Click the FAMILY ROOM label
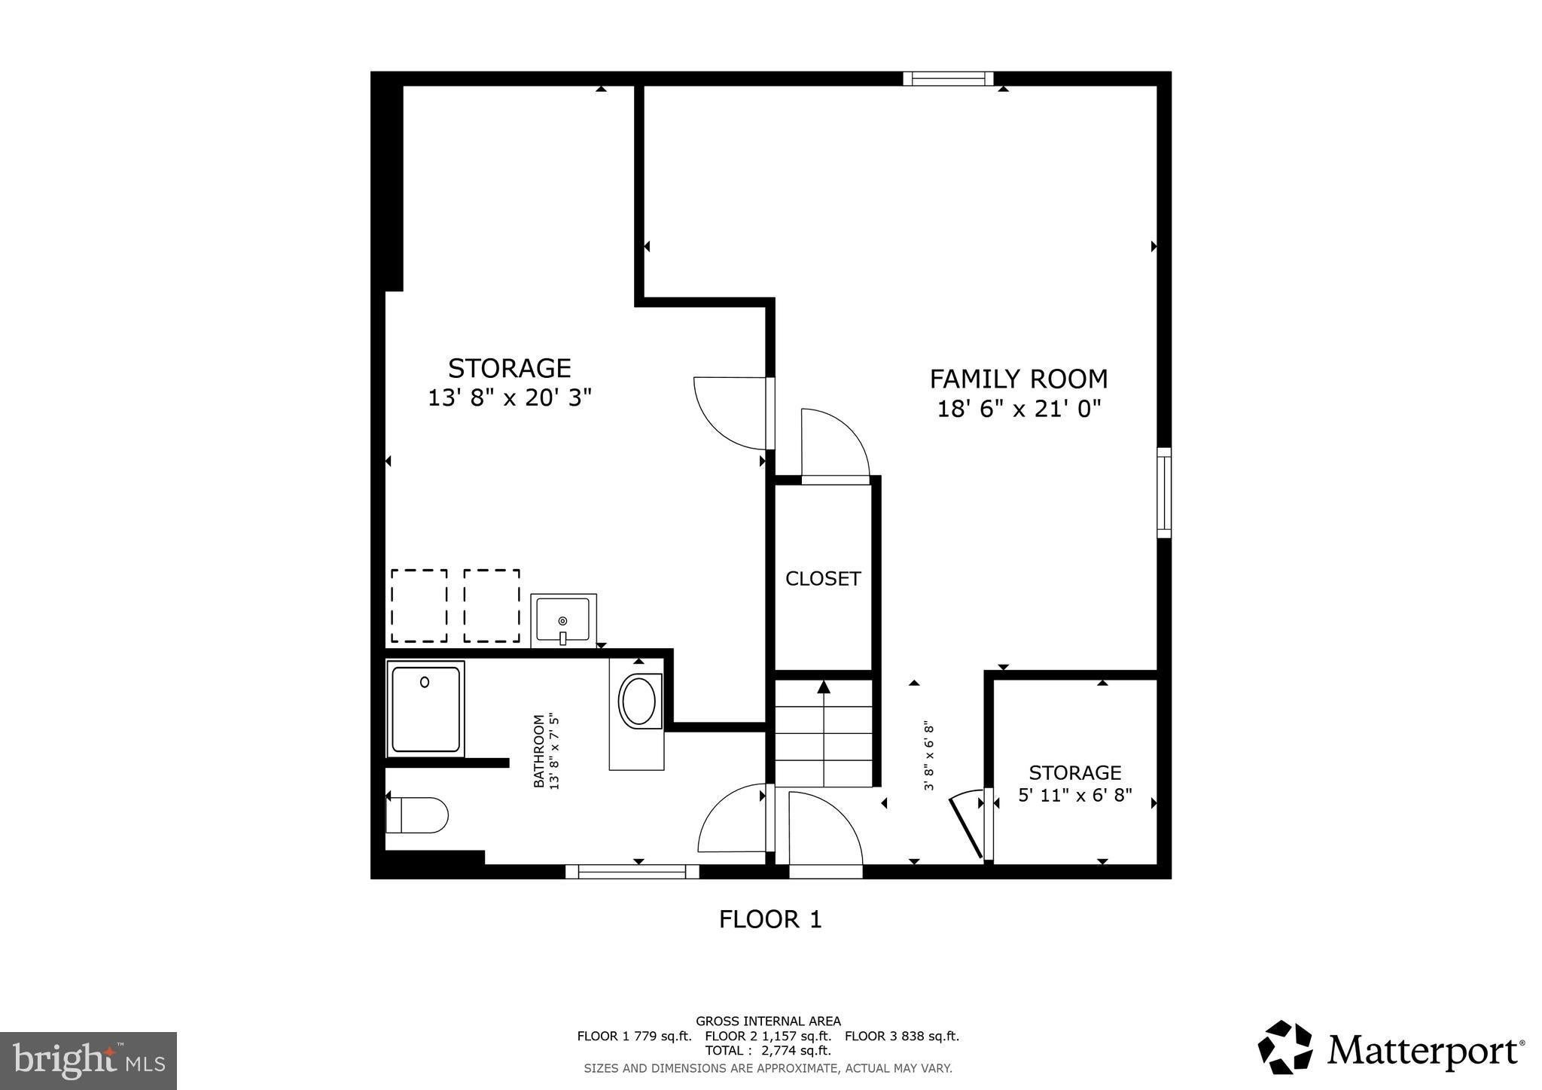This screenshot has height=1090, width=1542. click(x=1019, y=378)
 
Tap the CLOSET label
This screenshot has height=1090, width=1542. click(x=823, y=578)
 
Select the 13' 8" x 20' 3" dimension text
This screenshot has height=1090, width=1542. click(x=510, y=397)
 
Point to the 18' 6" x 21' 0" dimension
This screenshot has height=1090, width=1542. click(x=1019, y=409)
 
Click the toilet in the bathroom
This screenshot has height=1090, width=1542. click(x=417, y=815)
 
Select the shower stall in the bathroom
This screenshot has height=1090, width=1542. click(x=425, y=709)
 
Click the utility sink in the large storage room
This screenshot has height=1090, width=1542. click(x=563, y=621)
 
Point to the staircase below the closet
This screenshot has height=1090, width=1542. click(x=824, y=733)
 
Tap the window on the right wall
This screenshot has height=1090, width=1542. click(x=1164, y=492)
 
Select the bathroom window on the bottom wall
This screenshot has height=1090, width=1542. click(x=632, y=872)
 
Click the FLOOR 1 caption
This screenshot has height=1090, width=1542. click(x=770, y=919)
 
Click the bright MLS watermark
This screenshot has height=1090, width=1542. click(x=88, y=1060)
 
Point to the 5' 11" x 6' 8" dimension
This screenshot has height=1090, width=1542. click(x=1075, y=795)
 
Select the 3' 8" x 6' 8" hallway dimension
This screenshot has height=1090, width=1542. click(x=929, y=757)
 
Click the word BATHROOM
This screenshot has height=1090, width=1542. click(x=539, y=751)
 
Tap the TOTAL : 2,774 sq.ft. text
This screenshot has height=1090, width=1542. click(x=768, y=1051)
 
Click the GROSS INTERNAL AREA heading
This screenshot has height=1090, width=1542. click(x=768, y=1021)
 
